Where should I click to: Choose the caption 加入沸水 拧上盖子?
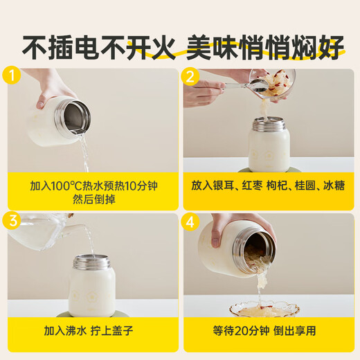pos(92,330)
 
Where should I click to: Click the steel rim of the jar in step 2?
pos(269,125)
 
